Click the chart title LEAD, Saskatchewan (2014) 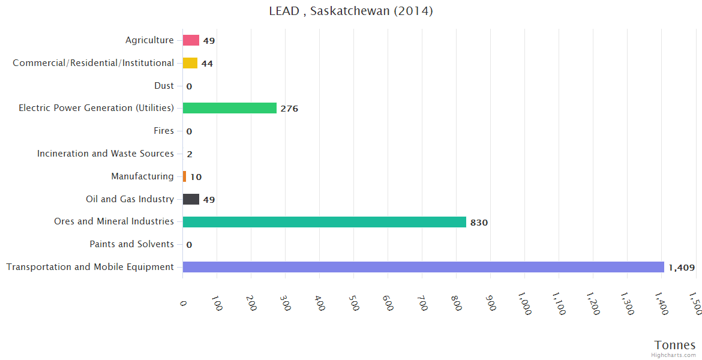(x=351, y=11)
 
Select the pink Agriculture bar (x=191, y=40)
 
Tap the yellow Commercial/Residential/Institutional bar (x=190, y=63)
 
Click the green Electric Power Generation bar (x=229, y=108)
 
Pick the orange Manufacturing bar (x=184, y=176)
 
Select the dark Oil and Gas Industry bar (x=191, y=199)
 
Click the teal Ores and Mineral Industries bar (x=324, y=222)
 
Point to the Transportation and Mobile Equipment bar (x=423, y=267)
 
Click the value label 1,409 (x=681, y=268)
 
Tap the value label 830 (x=479, y=223)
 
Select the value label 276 (x=289, y=109)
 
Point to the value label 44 (x=207, y=64)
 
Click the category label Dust (x=164, y=86)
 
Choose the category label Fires (x=164, y=131)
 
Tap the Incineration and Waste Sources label (x=106, y=154)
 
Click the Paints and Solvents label (x=131, y=244)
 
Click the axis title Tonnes (x=675, y=345)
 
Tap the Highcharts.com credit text (x=673, y=355)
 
